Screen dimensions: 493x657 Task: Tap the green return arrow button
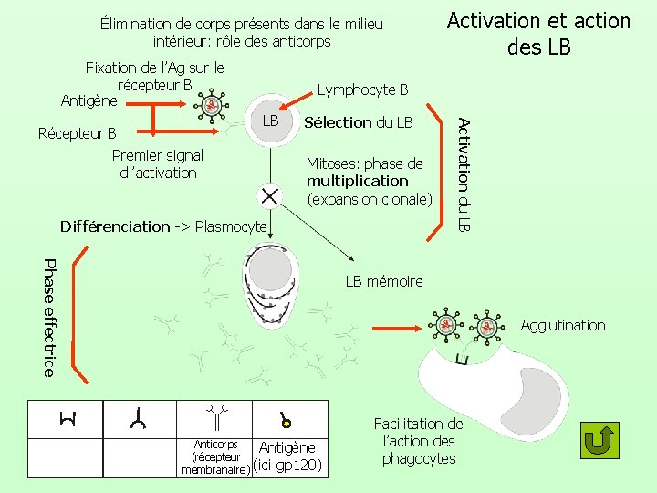[x=600, y=440]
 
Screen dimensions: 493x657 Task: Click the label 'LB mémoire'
[x=383, y=281]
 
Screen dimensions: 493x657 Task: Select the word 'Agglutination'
[x=562, y=325]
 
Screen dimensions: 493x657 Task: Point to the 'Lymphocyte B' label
[x=362, y=89]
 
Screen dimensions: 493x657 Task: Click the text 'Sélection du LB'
[x=358, y=122]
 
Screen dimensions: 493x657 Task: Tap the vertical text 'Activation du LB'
[x=464, y=173]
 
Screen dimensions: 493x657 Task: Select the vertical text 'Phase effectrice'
[x=49, y=317]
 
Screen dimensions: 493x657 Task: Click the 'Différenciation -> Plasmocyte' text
[x=162, y=226]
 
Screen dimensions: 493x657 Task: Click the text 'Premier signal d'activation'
[x=157, y=164]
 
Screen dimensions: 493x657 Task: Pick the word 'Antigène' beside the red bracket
[x=89, y=100]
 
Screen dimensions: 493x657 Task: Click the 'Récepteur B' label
[x=78, y=133]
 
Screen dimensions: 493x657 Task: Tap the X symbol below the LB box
[x=269, y=194]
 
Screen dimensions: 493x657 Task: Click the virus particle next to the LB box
[x=212, y=105]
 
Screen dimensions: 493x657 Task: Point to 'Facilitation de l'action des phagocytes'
[x=419, y=441]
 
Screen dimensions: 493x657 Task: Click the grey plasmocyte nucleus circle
[x=269, y=268]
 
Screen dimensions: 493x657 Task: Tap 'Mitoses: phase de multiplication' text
[x=365, y=173]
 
